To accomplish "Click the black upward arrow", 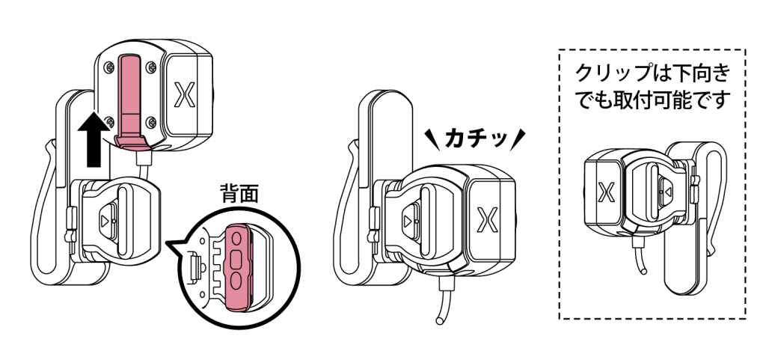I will [92, 138].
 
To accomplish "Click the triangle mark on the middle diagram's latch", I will [406, 222].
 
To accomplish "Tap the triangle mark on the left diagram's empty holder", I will [104, 222].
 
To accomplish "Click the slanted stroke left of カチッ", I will [432, 136].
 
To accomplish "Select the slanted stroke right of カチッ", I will [521, 137].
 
